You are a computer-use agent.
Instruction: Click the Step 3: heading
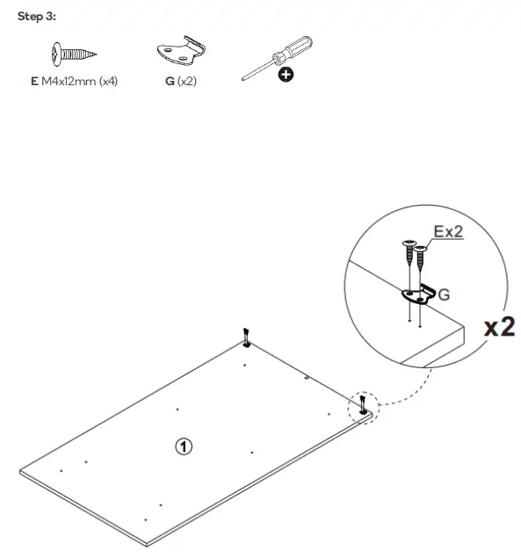(x=37, y=17)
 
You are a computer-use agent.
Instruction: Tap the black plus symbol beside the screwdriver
(x=286, y=76)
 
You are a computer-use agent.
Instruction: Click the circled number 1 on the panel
(x=183, y=446)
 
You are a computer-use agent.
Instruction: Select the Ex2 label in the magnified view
(x=447, y=232)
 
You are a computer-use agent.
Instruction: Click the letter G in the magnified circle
(x=444, y=295)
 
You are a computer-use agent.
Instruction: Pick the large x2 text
(x=499, y=327)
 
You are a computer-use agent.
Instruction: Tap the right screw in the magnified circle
(x=421, y=265)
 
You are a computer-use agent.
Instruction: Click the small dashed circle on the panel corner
(x=364, y=406)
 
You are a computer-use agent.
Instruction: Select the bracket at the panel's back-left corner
(x=247, y=338)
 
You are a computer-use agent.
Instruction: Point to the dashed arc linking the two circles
(x=406, y=393)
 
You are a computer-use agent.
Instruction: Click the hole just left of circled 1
(x=177, y=409)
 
